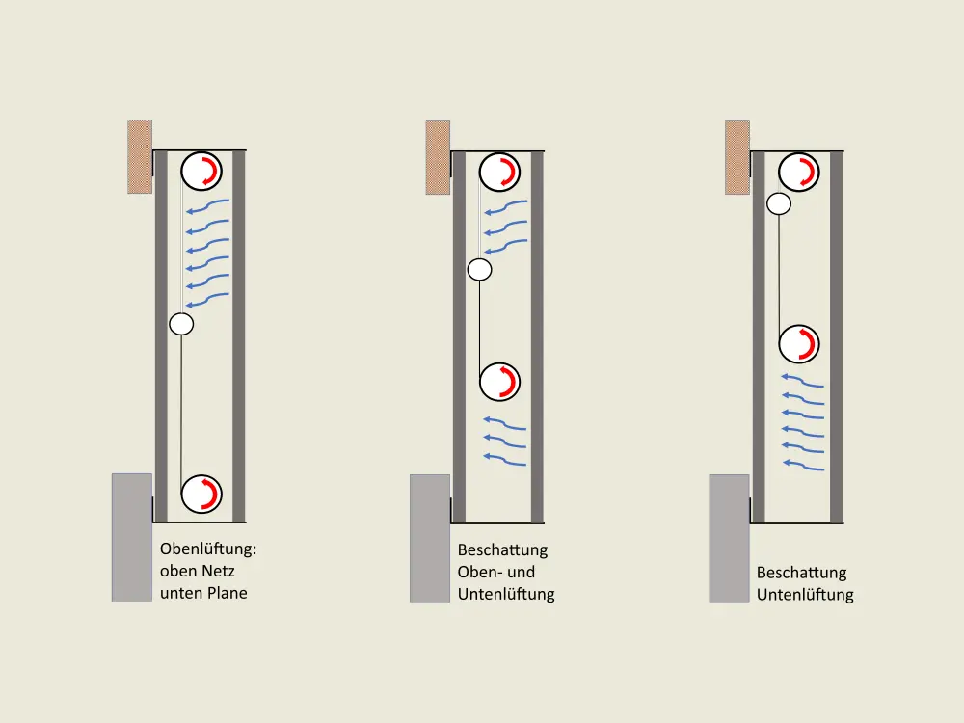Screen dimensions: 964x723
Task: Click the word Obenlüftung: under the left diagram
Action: [x=208, y=549]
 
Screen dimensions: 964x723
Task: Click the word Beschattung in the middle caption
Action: [x=502, y=550]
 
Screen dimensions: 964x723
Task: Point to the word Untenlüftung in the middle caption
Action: [x=506, y=595]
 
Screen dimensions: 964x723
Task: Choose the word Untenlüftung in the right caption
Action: [x=805, y=595]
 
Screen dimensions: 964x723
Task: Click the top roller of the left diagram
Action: [x=201, y=171]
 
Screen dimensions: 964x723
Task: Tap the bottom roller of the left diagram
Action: [x=201, y=494]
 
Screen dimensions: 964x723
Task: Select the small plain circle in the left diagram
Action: [x=181, y=324]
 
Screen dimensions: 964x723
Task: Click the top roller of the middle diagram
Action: [x=499, y=172]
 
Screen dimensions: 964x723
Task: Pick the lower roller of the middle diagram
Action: [x=499, y=382]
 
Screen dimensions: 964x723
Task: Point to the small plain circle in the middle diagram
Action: [x=479, y=269]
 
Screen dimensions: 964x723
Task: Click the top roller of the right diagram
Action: [x=799, y=172]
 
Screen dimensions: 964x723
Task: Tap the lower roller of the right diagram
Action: [x=799, y=344]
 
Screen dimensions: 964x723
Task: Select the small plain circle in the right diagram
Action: [x=779, y=203]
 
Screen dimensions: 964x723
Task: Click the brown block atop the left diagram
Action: [x=140, y=157]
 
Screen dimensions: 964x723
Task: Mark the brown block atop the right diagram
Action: [x=737, y=157]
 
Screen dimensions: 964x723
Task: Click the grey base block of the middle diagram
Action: [x=430, y=538]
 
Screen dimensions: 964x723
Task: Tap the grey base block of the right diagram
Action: [x=729, y=538]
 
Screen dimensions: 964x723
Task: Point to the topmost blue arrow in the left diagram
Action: [x=208, y=205]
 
